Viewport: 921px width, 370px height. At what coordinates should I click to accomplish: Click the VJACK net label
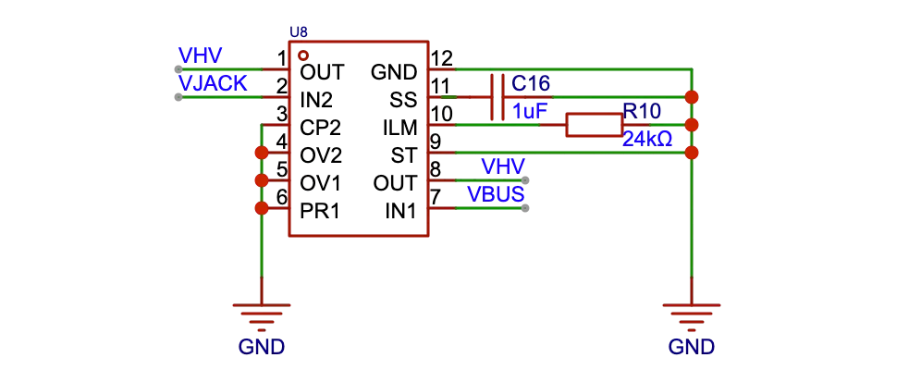pos(213,83)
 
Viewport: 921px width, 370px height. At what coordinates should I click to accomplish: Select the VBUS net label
pos(496,194)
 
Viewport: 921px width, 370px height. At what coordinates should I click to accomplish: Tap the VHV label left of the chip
pos(201,55)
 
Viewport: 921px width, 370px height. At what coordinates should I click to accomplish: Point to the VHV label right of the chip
pos(503,166)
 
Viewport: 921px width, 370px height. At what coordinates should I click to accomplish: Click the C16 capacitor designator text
pos(532,84)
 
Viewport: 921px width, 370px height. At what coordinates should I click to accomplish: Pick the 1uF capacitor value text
pos(529,111)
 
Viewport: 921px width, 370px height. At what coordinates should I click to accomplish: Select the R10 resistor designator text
pos(642,111)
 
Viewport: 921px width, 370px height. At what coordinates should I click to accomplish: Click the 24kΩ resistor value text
pos(647,139)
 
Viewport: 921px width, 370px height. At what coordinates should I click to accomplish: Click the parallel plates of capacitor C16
pos(497,97)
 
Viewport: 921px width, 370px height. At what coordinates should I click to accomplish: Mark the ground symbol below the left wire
pos(262,317)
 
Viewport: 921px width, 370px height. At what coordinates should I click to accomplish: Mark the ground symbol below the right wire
pos(691,317)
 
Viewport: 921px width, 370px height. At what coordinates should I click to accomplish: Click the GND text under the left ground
pos(262,348)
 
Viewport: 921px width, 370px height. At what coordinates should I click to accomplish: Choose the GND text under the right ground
pos(691,348)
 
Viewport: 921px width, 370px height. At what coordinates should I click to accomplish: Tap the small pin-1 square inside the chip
pos(302,55)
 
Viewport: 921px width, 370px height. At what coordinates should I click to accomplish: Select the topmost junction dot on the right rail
pos(692,96)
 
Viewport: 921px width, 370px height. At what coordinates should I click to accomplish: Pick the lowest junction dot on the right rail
pos(692,153)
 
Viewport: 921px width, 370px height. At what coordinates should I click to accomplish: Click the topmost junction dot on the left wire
pos(262,152)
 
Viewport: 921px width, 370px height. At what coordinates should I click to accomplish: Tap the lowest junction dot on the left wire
pos(262,208)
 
